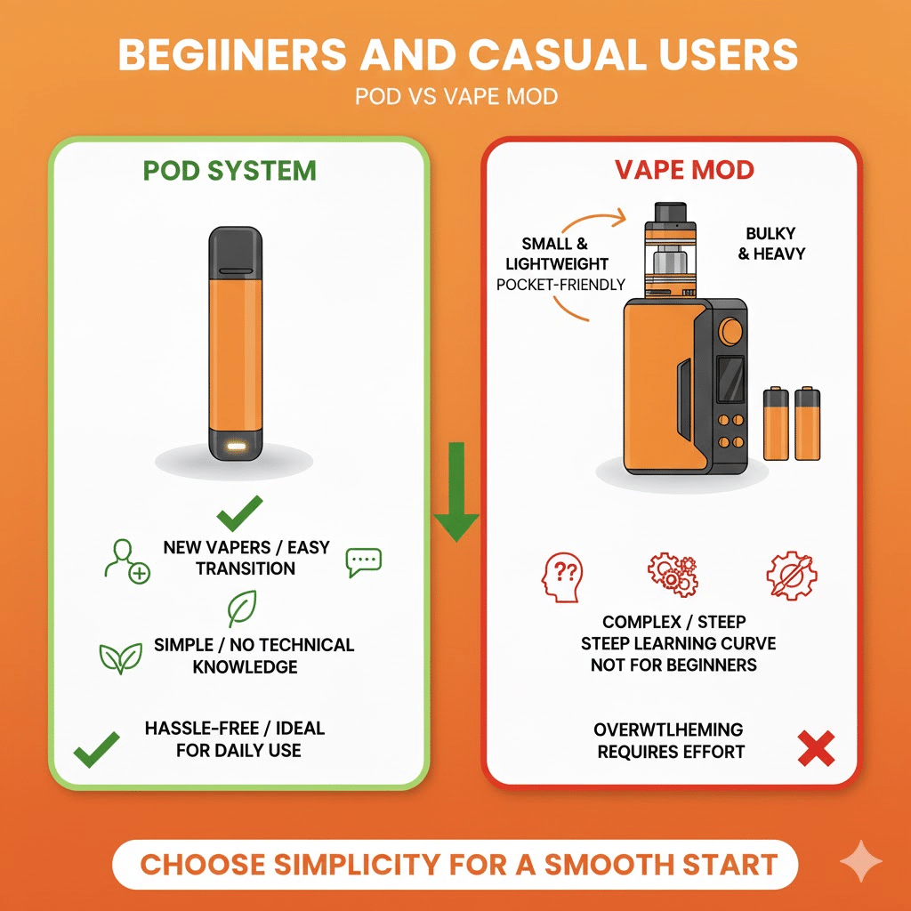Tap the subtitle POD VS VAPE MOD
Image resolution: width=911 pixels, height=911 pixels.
(x=455, y=96)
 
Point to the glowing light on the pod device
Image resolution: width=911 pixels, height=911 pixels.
(x=238, y=442)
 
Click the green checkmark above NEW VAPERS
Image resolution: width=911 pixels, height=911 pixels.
(x=239, y=512)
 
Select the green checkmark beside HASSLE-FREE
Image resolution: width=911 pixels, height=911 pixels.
(x=96, y=749)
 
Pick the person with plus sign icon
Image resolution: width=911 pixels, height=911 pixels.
(x=125, y=561)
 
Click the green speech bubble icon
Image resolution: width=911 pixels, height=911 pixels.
(x=363, y=560)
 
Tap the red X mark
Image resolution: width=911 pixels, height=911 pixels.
(x=815, y=749)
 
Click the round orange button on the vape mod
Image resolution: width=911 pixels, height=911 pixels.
(x=732, y=332)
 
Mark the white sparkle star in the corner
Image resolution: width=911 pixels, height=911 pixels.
(x=861, y=861)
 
